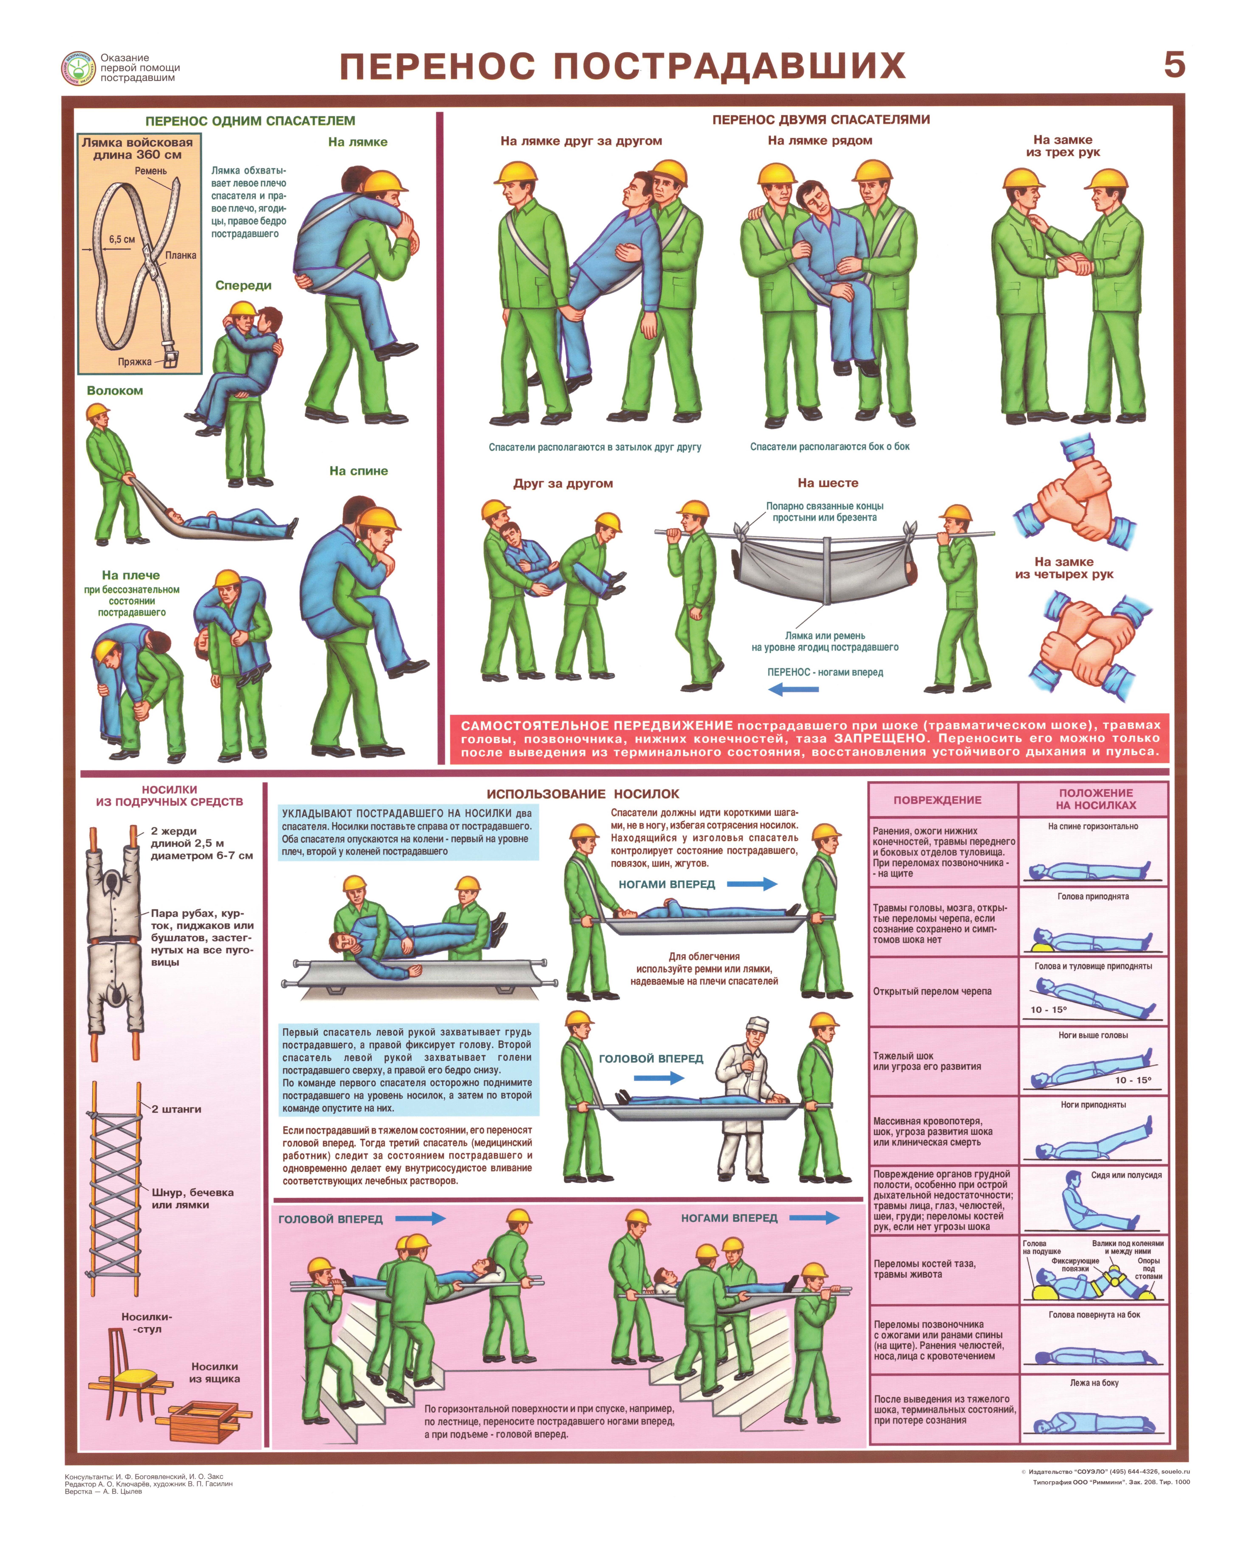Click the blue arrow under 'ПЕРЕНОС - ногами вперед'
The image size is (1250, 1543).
[x=793, y=689]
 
